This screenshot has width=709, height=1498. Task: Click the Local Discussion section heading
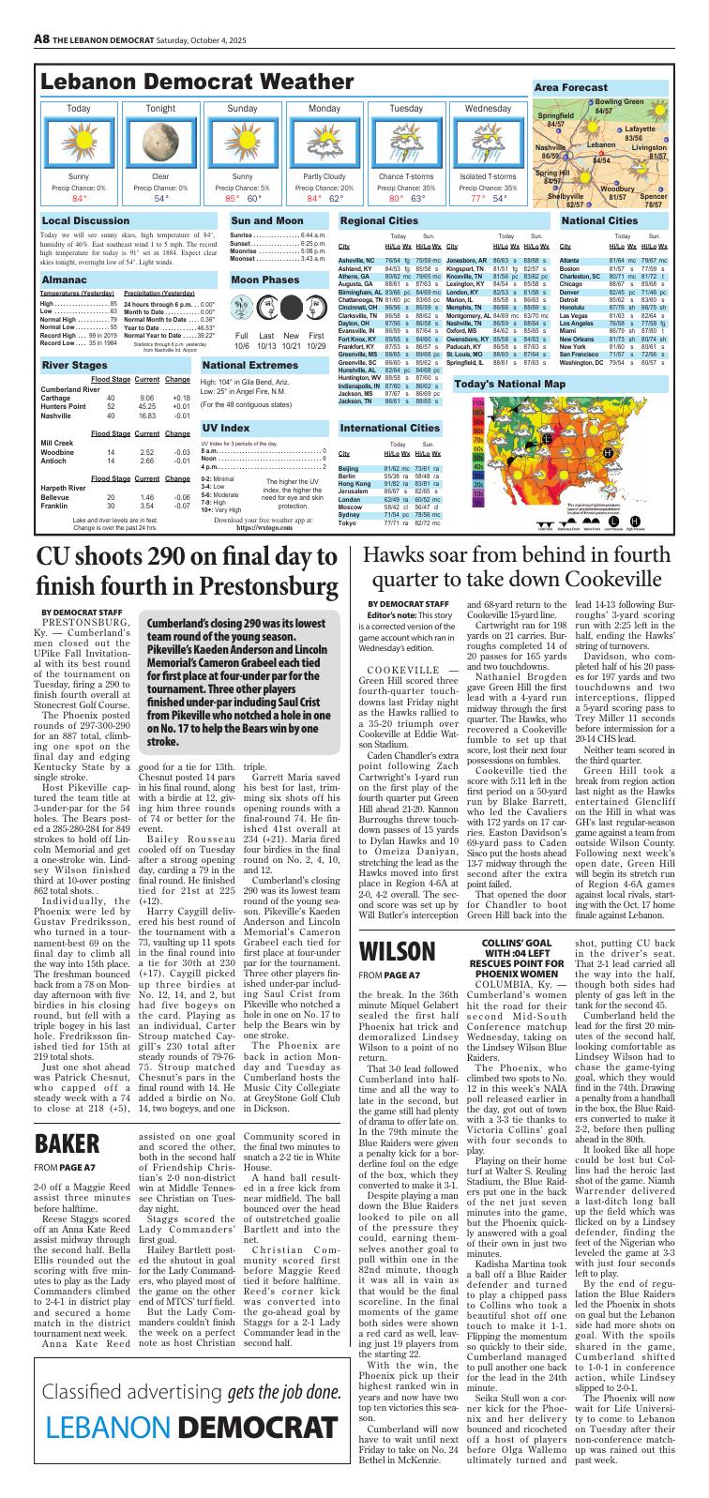click(x=85, y=221)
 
